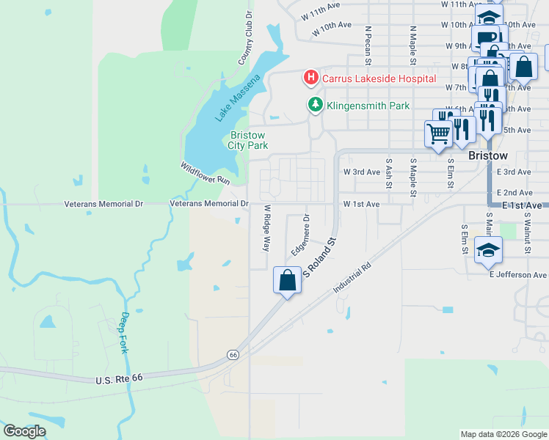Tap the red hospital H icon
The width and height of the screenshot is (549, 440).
pyautogui.click(x=310, y=78)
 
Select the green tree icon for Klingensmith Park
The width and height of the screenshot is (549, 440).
pyautogui.click(x=316, y=106)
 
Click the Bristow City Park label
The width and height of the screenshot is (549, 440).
pyautogui.click(x=247, y=140)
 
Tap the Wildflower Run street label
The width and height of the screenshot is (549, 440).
pyautogui.click(x=205, y=173)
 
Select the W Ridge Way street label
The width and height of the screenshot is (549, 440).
pyautogui.click(x=267, y=228)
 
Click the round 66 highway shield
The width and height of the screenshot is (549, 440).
pyautogui.click(x=233, y=354)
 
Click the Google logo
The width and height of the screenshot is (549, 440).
pyautogui.click(x=24, y=431)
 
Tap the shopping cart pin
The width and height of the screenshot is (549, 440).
pyautogui.click(x=438, y=133)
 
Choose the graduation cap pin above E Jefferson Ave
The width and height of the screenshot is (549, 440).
pyautogui.click(x=488, y=251)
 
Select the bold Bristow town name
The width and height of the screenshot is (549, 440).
pyautogui.click(x=487, y=157)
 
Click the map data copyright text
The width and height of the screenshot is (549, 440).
pyautogui.click(x=503, y=434)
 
